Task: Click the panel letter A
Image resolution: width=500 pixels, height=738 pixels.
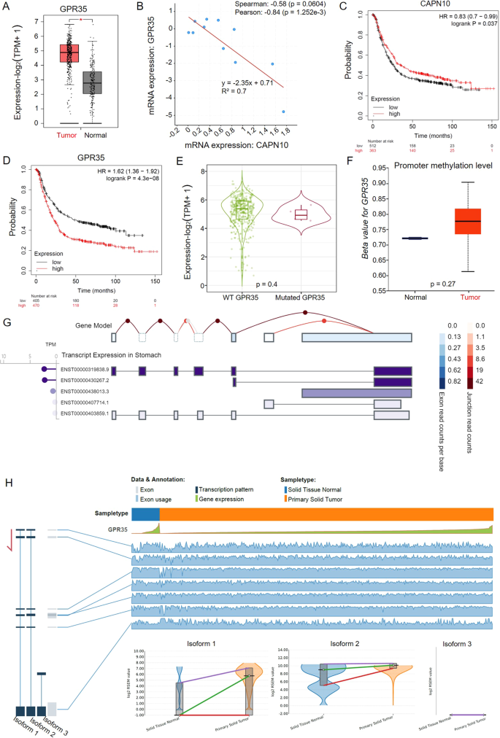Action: click(7, 7)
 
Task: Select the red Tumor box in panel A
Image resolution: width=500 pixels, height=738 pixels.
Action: click(69, 53)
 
